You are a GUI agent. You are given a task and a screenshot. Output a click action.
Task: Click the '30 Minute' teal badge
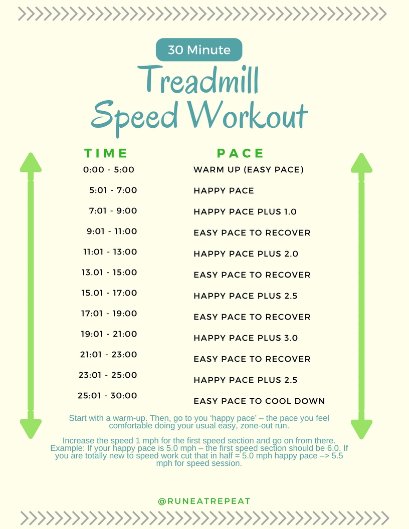pyautogui.click(x=199, y=50)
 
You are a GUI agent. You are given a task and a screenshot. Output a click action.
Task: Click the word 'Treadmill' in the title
pyautogui.click(x=199, y=80)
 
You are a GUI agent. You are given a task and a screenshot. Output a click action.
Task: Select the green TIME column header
pyautogui.click(x=106, y=153)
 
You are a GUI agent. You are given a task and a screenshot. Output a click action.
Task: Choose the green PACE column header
pyautogui.click(x=240, y=153)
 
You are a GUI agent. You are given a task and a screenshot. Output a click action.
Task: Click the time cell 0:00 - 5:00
pyautogui.click(x=109, y=170)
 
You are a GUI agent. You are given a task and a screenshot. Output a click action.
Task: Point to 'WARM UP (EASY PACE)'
pyautogui.click(x=249, y=170)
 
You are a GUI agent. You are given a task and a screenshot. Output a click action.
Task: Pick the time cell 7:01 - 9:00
pyautogui.click(x=113, y=211)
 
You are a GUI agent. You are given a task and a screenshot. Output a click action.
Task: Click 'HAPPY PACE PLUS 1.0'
pyautogui.click(x=245, y=212)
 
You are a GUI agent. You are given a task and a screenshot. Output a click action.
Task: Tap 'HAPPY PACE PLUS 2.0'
pyautogui.click(x=246, y=254)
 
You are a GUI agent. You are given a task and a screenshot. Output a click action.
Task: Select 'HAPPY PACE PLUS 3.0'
pyautogui.click(x=246, y=338)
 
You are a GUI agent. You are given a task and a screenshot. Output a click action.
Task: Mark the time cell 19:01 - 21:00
pyautogui.click(x=109, y=334)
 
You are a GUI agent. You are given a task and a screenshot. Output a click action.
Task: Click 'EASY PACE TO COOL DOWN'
pyautogui.click(x=259, y=401)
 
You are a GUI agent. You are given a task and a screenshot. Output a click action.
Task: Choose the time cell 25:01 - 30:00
pyautogui.click(x=107, y=396)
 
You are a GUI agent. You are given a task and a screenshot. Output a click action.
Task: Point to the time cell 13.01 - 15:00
pyautogui.click(x=109, y=273)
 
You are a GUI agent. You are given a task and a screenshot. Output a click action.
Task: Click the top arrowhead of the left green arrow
pyautogui.click(x=31, y=163)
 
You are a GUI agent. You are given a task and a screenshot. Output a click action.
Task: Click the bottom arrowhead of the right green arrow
pyautogui.click(x=361, y=428)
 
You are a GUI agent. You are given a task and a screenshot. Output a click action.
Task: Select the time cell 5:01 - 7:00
pyautogui.click(x=113, y=190)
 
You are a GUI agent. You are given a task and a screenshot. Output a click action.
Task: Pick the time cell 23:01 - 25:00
pyautogui.click(x=109, y=375)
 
